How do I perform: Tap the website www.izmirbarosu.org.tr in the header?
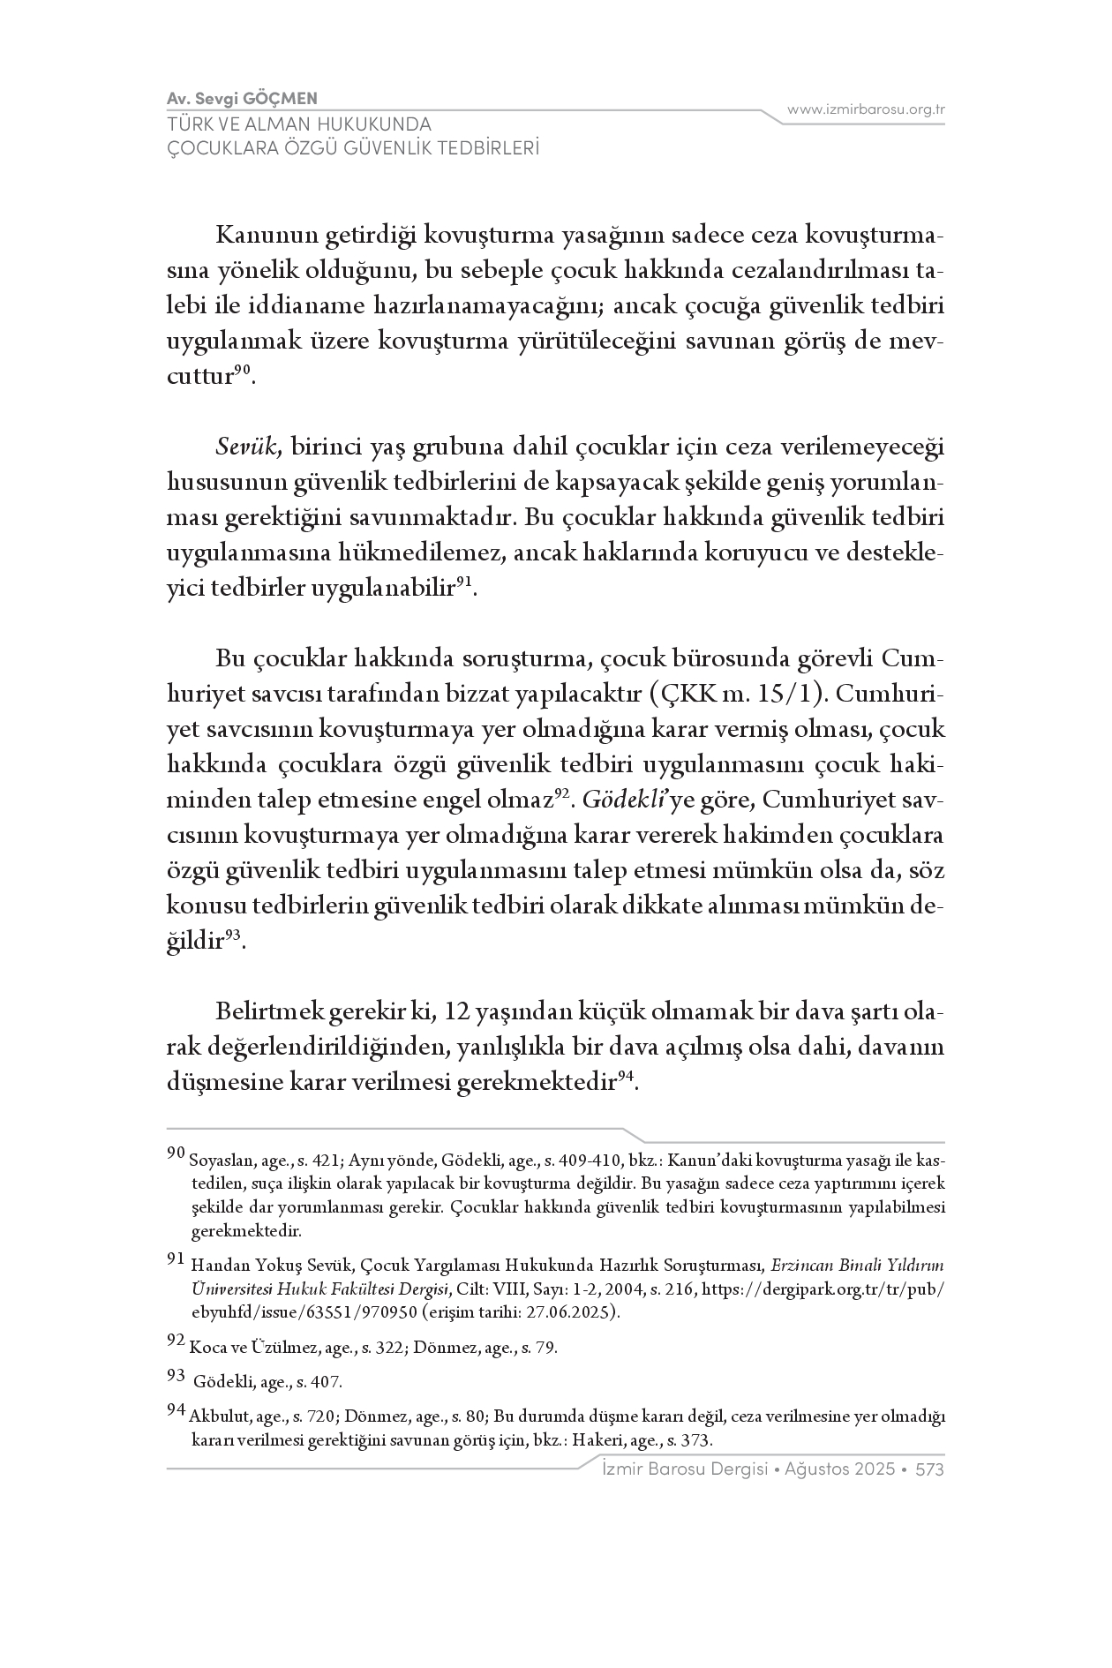point(866,109)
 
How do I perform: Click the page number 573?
point(930,1469)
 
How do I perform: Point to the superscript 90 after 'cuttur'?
point(244,372)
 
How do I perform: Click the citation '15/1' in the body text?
point(790,695)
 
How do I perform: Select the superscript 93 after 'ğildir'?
point(233,936)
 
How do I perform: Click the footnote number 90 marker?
point(175,1153)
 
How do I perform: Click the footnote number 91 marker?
point(175,1259)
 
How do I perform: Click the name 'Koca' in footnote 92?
point(203,1348)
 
